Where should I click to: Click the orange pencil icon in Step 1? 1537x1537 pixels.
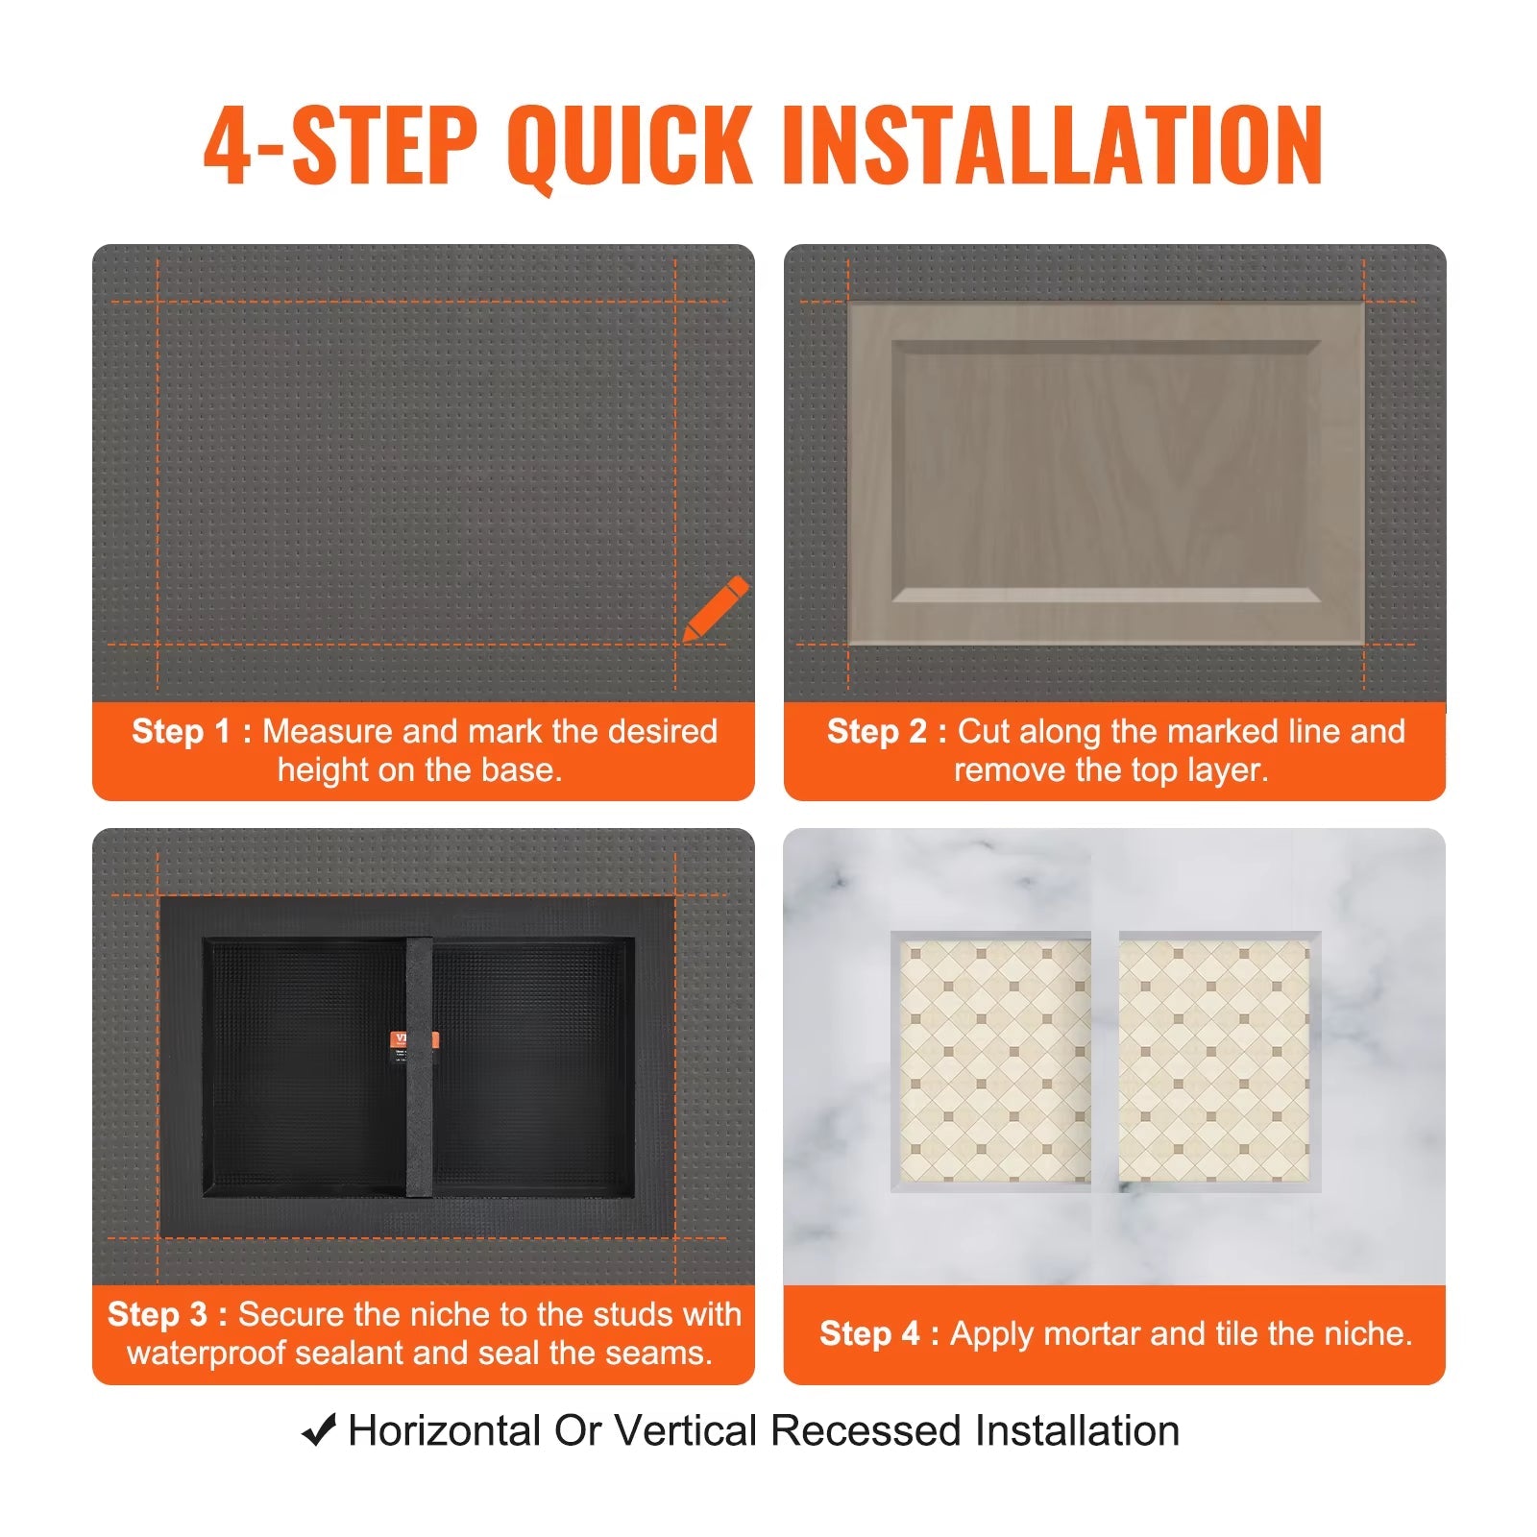click(716, 608)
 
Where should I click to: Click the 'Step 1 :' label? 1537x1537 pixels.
click(191, 731)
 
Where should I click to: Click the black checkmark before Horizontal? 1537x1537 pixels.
click(319, 1430)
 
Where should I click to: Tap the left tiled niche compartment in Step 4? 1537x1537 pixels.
click(994, 1061)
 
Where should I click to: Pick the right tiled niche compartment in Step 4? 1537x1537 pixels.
click(1214, 1061)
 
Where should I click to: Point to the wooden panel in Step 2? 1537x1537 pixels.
click(1106, 473)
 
